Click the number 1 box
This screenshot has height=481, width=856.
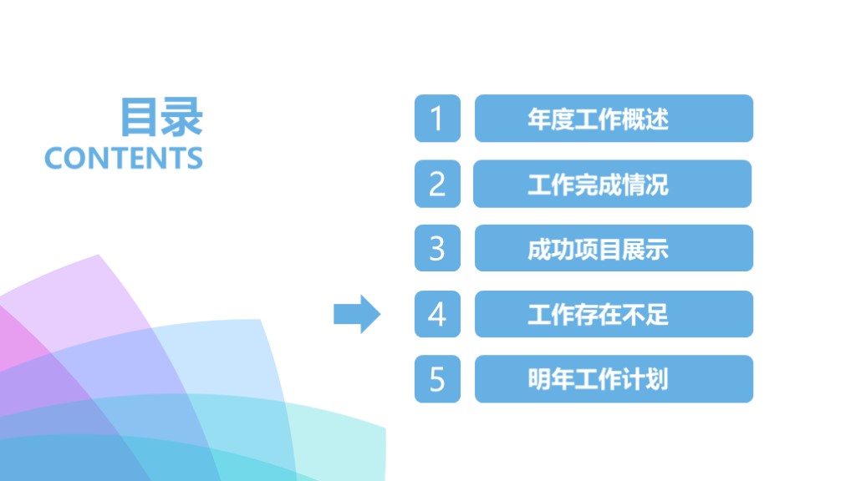(437, 119)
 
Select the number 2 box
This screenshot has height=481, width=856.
(437, 184)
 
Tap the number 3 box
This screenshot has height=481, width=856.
(437, 248)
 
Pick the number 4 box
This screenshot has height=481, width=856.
(437, 314)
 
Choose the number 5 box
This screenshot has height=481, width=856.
(437, 379)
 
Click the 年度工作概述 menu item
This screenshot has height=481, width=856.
(614, 119)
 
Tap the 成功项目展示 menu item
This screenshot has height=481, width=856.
(614, 248)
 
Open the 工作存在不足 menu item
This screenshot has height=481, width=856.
(614, 314)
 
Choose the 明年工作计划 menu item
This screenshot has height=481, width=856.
(614, 379)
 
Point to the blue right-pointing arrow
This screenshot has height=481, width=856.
(357, 314)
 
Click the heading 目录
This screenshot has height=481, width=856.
(161, 117)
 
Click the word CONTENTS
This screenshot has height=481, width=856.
(124, 158)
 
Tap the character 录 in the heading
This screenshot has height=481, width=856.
(183, 117)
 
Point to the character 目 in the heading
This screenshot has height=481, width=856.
(140, 117)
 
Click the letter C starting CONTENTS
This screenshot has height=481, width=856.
(53, 158)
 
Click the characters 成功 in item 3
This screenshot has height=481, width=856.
(551, 249)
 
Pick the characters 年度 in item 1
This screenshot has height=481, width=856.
(551, 119)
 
